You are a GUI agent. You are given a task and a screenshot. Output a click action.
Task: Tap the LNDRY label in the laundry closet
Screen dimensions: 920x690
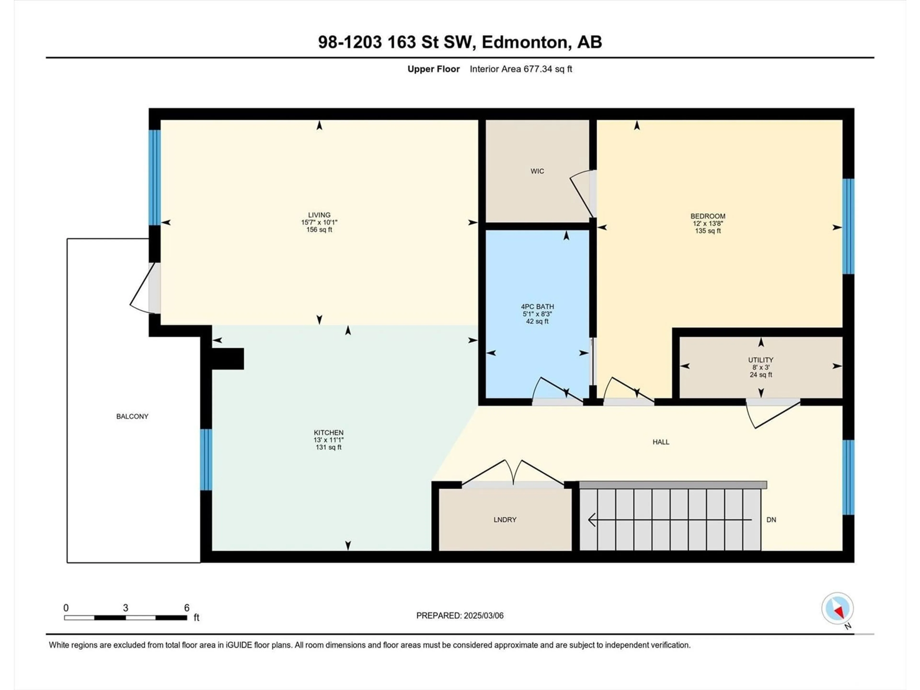coord(505,519)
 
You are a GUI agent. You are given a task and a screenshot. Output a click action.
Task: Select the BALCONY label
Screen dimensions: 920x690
coord(132,416)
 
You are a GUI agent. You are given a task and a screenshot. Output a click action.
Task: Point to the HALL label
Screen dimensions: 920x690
coord(661,442)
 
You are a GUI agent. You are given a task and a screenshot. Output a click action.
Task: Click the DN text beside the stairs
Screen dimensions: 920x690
coord(771,519)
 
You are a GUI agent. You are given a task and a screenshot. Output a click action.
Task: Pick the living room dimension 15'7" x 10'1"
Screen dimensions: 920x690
coord(319,223)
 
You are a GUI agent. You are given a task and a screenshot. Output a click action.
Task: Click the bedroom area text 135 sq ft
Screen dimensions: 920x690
coord(708,231)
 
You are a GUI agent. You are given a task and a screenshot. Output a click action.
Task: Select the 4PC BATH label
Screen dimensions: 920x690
coord(537,306)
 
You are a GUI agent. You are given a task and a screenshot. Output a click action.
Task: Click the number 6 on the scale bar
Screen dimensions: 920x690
coord(187,608)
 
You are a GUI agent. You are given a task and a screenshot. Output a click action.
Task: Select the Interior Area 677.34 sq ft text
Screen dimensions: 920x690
coord(521,69)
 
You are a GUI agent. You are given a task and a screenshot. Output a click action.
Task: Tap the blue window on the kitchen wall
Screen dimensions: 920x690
coord(206,460)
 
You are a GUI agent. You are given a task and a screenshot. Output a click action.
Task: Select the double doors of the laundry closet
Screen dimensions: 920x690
coord(513,473)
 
